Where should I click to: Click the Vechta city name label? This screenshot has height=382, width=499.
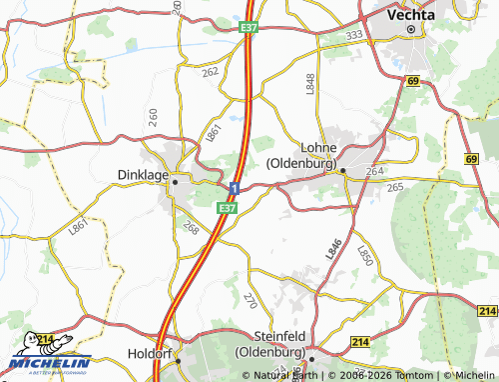click(411, 15)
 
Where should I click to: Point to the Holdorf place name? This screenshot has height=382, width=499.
click(151, 353)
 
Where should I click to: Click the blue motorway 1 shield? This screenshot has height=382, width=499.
click(234, 188)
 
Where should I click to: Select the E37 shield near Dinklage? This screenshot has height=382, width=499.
click(227, 208)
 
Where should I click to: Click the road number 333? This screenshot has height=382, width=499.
click(353, 35)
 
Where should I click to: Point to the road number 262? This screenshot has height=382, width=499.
click(210, 72)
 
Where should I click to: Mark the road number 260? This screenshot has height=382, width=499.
click(153, 117)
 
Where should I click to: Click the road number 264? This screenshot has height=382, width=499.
click(374, 171)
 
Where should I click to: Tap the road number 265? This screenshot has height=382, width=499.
click(394, 187)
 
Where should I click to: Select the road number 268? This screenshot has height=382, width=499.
click(191, 228)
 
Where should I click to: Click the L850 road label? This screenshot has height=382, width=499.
click(363, 256)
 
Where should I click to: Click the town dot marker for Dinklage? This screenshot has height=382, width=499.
click(175, 182)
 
